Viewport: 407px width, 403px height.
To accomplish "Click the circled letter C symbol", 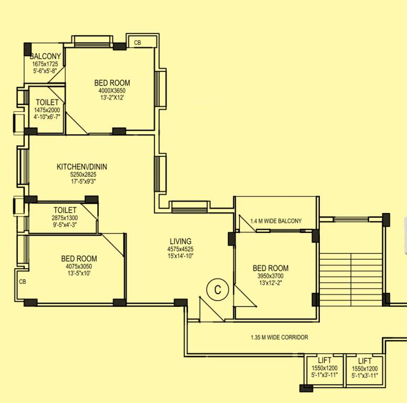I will (x=216, y=289).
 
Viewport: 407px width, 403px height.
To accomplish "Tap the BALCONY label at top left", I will (x=45, y=56).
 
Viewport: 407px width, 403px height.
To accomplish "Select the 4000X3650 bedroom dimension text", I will (x=112, y=90).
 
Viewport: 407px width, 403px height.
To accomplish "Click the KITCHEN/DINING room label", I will (x=85, y=167).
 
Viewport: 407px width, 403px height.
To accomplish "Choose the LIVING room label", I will (x=180, y=241).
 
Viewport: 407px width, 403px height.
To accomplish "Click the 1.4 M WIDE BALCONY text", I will (x=276, y=221).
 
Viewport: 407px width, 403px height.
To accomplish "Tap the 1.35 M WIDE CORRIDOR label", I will (x=279, y=337).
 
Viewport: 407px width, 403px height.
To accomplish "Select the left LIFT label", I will (x=325, y=361).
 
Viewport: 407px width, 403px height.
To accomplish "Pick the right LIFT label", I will (x=364, y=361).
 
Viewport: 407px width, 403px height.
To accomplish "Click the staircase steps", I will (x=351, y=278).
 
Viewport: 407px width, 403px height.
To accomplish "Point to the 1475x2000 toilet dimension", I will (x=47, y=110).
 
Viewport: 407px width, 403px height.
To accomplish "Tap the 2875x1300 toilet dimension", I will (x=65, y=218).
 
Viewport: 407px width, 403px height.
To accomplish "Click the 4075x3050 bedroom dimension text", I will (x=79, y=266).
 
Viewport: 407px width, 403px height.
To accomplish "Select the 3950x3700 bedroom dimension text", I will (x=270, y=276).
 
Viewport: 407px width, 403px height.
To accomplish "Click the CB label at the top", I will (x=138, y=43).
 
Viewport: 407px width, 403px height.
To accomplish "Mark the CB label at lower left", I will (x=22, y=282).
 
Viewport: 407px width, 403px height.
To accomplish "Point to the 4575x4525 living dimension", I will (x=180, y=249).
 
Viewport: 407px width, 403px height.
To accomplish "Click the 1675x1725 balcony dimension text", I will (x=45, y=63).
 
